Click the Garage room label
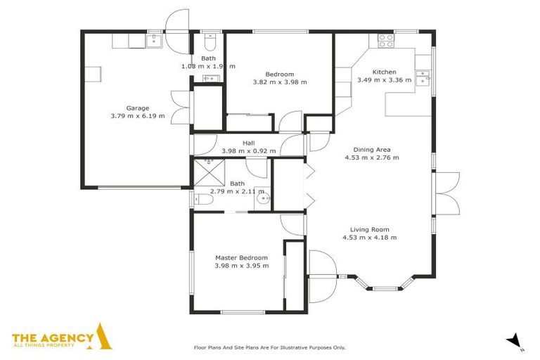[x=137, y=108]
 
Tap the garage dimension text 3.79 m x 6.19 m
[x=137, y=116]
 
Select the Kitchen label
[x=384, y=72]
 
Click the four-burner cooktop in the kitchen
[x=386, y=41]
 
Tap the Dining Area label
[x=372, y=149]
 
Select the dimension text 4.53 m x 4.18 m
[x=369, y=238]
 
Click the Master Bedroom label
[x=241, y=257]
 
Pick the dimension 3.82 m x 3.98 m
[x=279, y=82]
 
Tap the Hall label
[x=248, y=143]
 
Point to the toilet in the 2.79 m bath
[x=204, y=200]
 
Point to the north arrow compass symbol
[x=515, y=340]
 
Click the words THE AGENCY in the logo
[x=53, y=337]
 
